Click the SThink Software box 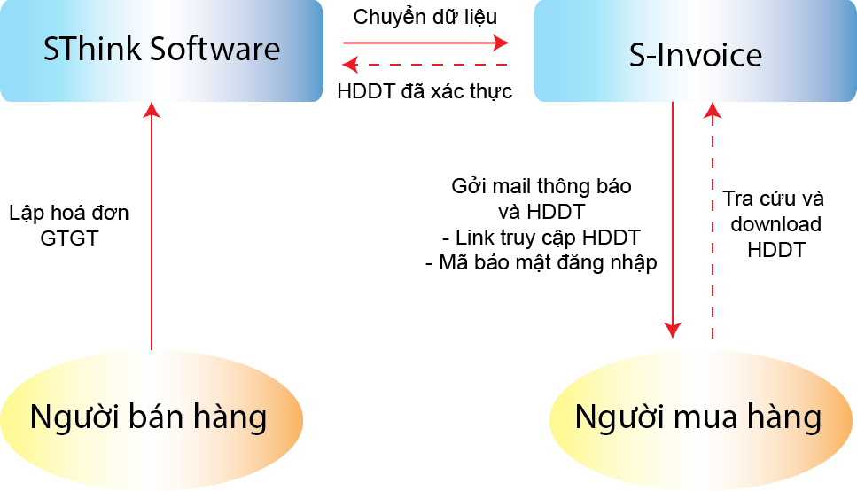[161, 51]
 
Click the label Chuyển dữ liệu [425, 17]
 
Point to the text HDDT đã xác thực [425, 91]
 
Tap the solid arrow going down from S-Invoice [674, 222]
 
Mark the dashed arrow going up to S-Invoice [713, 222]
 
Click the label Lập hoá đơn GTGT [69, 225]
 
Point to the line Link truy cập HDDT [541, 238]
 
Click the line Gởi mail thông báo [541, 187]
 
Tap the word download [775, 224]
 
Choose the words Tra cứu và [773, 199]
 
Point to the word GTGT [69, 238]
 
